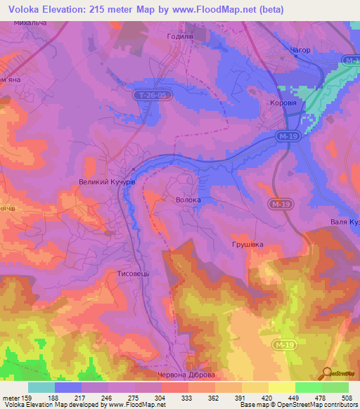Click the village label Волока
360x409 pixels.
[188, 200]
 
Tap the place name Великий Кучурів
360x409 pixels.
[106, 181]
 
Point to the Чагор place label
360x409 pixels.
[300, 51]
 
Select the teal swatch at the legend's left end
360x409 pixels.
[41, 387]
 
